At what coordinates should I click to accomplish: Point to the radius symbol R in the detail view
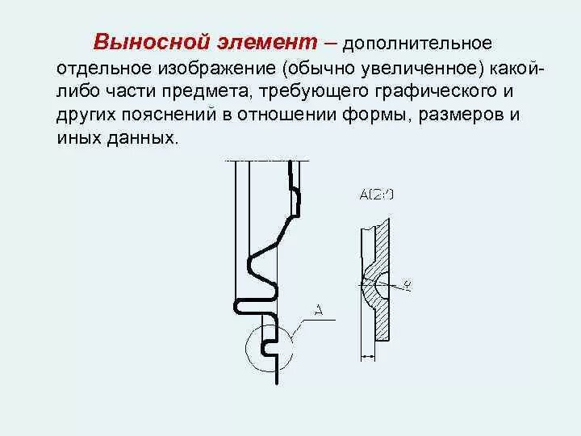click(x=408, y=283)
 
